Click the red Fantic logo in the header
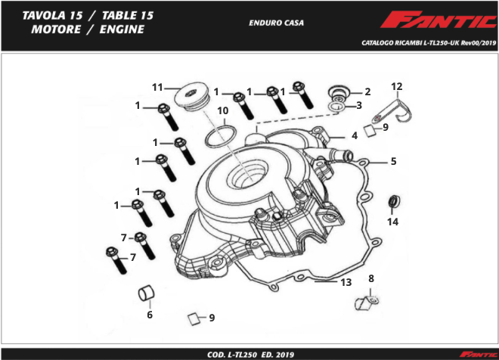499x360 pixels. pos(438,20)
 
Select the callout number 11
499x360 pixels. pos(157,87)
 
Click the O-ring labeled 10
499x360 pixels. pos(221,137)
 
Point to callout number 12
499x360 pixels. pos(396,86)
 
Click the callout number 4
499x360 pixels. pos(355,136)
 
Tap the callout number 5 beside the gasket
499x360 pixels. pos(394,161)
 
